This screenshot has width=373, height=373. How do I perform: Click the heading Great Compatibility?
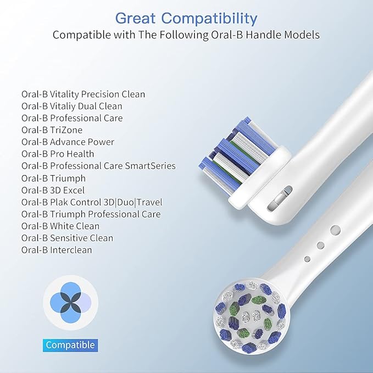tap(186, 18)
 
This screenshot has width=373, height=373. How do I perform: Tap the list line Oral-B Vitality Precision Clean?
tap(83, 94)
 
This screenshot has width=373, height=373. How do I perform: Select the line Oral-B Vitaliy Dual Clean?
tap(71, 106)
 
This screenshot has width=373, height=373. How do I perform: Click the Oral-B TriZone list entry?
tap(52, 130)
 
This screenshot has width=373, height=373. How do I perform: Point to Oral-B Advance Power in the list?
tap(68, 142)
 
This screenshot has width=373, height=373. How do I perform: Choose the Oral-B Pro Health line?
tap(58, 154)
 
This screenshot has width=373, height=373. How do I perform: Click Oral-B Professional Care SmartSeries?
tap(98, 166)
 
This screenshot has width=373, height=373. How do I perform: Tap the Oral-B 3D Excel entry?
tap(53, 190)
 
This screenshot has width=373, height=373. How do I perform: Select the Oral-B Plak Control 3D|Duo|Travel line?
tap(92, 202)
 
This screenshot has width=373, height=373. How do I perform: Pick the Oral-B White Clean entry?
tap(60, 226)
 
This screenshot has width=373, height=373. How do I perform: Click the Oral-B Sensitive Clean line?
tap(67, 238)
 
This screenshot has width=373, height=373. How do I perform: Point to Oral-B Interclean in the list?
tap(57, 250)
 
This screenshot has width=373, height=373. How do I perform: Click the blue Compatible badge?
tap(70, 345)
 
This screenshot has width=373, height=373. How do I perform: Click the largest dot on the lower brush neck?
tap(336, 231)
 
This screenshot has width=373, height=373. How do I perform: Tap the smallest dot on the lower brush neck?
tap(308, 259)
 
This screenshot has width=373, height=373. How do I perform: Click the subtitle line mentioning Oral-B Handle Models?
tap(186, 35)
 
